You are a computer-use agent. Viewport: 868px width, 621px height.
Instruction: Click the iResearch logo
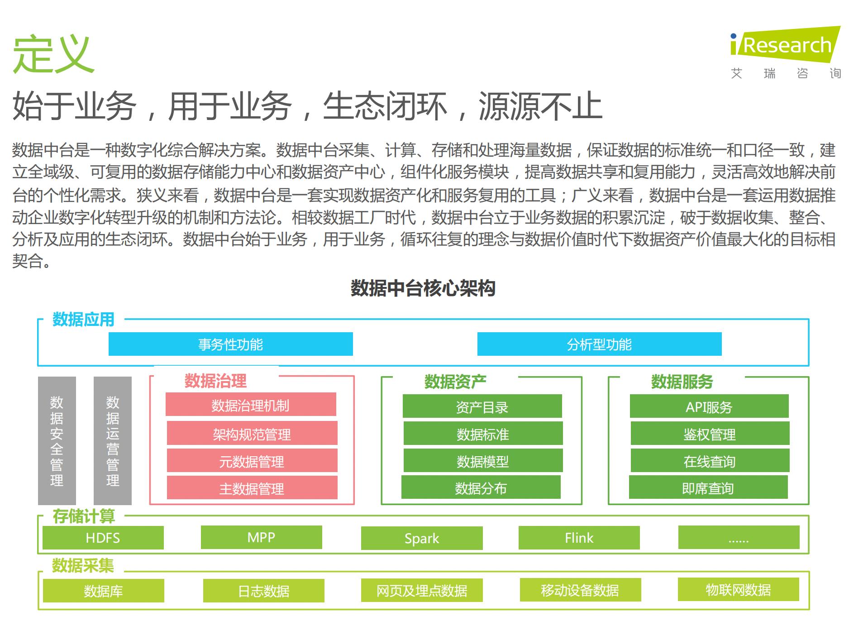click(x=786, y=46)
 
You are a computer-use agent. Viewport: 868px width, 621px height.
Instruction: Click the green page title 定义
click(x=53, y=54)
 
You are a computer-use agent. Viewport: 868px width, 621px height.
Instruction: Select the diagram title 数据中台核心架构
click(x=423, y=288)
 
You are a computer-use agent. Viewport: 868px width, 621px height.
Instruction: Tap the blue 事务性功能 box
click(x=230, y=344)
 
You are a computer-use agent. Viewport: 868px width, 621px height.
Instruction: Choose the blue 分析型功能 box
click(x=599, y=344)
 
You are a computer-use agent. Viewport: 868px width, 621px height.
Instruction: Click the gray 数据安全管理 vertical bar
click(x=57, y=440)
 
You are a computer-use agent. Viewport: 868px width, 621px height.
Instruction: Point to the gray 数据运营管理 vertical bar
click(x=113, y=440)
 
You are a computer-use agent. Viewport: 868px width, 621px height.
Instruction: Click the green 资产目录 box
click(x=482, y=406)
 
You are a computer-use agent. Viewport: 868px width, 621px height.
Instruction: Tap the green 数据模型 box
click(x=483, y=461)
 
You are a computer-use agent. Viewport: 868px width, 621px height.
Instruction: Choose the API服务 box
click(x=709, y=406)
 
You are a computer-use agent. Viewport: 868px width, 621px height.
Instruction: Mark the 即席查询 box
click(x=708, y=487)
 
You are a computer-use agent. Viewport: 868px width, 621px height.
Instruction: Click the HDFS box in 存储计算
click(x=103, y=538)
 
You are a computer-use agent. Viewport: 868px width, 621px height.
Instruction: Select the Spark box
click(x=422, y=538)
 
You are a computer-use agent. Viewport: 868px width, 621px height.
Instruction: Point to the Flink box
click(x=579, y=538)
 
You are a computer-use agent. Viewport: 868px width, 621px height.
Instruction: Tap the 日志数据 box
click(x=264, y=591)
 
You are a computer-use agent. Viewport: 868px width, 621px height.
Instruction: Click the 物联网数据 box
click(x=738, y=590)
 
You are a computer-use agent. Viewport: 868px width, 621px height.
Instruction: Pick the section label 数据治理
click(x=215, y=381)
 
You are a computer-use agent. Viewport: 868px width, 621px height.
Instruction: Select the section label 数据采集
click(x=83, y=566)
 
